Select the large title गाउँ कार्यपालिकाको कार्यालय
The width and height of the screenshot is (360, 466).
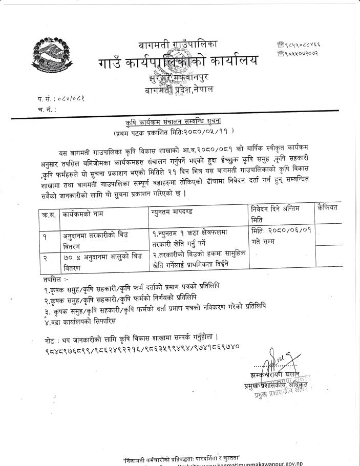(178, 63)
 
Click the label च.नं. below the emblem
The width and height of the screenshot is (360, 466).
(46, 109)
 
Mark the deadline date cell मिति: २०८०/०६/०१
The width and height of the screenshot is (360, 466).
(281, 234)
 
